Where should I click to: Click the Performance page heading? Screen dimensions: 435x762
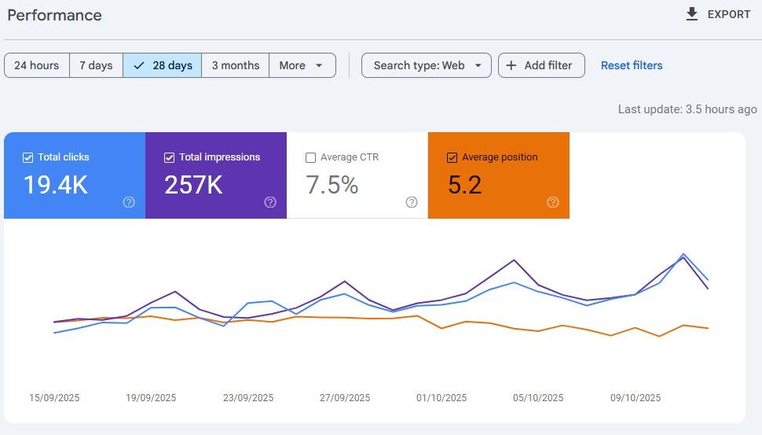coord(54,15)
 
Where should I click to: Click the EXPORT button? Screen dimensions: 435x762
coord(718,14)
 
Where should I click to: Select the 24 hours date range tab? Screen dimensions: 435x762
coord(37,65)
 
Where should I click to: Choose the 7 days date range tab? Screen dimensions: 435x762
coord(96,65)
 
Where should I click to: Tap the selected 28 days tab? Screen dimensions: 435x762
coord(163,65)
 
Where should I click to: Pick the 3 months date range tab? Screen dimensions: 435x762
coord(235,65)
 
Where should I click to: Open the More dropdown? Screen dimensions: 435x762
coord(302,65)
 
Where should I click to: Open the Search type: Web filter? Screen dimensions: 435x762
coord(427,65)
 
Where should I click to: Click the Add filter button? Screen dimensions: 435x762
coord(540,65)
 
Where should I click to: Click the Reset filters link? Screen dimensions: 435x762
coord(632,65)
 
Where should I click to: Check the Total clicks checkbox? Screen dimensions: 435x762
coord(28,157)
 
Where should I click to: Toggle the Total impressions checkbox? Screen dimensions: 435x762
coord(169,157)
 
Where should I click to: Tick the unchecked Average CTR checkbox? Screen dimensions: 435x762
coord(310,157)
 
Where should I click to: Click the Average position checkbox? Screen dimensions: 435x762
coord(452,157)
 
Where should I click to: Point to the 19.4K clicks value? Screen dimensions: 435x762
coord(55,185)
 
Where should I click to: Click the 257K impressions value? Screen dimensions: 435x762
coord(193,185)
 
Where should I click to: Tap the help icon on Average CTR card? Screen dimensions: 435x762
coord(412,202)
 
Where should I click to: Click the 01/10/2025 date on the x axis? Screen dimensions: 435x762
coord(441,398)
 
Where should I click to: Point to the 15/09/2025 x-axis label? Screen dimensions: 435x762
coord(54,398)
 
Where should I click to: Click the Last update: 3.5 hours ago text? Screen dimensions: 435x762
coord(687,109)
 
